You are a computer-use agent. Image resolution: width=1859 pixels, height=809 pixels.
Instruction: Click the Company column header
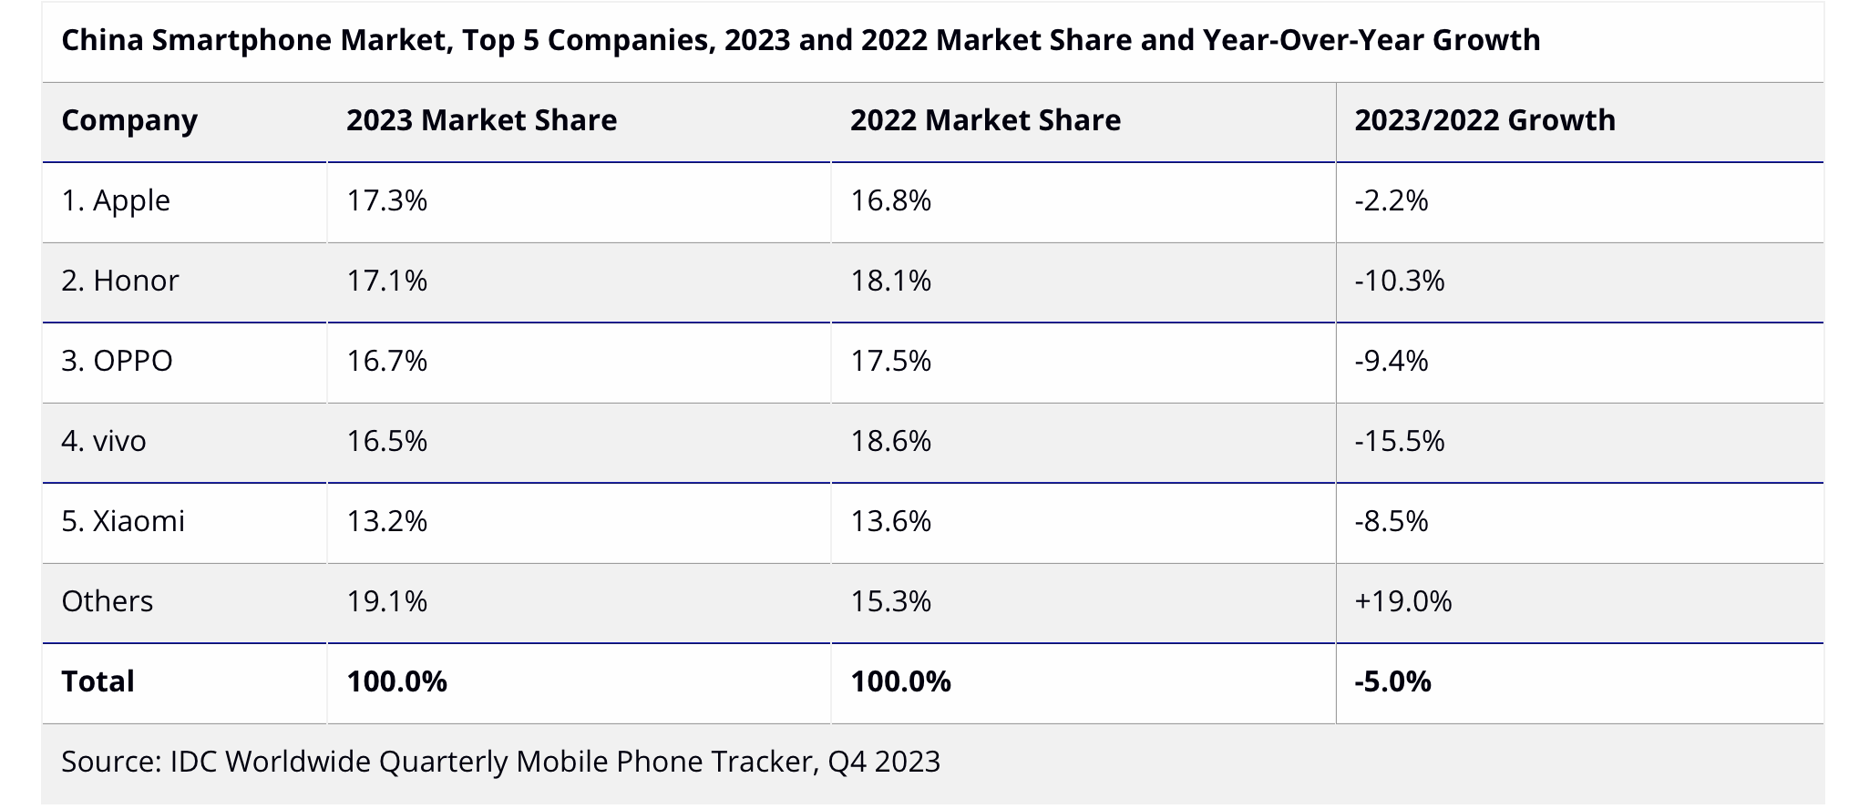pyautogui.click(x=129, y=121)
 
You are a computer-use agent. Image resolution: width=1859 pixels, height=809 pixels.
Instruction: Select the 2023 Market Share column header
pyautogui.click(x=481, y=121)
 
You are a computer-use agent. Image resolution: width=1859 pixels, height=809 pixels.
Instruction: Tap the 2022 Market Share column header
pyautogui.click(x=985, y=121)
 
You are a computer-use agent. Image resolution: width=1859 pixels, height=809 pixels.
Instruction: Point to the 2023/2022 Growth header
pyautogui.click(x=1484, y=121)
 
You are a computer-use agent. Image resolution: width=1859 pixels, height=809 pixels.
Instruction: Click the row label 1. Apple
pyautogui.click(x=116, y=200)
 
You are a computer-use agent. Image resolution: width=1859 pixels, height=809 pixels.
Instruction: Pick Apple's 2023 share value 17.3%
pyautogui.click(x=386, y=200)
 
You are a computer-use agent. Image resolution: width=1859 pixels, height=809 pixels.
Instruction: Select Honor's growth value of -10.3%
pyautogui.click(x=1399, y=281)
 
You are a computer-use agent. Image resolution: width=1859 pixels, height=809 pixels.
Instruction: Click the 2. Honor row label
pyautogui.click(x=120, y=281)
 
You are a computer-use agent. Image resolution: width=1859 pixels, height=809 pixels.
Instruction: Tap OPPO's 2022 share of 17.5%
pyautogui.click(x=890, y=361)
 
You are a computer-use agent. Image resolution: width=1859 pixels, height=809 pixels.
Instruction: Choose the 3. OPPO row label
pyautogui.click(x=117, y=361)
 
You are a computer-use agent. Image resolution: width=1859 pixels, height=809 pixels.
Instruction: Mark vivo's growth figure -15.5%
pyautogui.click(x=1399, y=441)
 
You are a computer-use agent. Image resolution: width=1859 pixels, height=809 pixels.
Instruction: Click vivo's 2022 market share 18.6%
pyautogui.click(x=890, y=441)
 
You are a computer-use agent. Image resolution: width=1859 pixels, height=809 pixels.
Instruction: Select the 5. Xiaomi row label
pyautogui.click(x=123, y=521)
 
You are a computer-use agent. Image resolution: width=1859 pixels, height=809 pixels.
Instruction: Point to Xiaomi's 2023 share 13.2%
pyautogui.click(x=386, y=521)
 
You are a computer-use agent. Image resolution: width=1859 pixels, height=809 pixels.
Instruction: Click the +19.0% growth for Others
pyautogui.click(x=1402, y=601)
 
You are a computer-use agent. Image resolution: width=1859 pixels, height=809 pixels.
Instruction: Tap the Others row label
pyautogui.click(x=108, y=601)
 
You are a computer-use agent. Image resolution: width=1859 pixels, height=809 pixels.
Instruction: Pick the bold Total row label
pyautogui.click(x=98, y=681)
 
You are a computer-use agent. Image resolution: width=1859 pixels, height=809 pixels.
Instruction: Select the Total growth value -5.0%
pyautogui.click(x=1392, y=681)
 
